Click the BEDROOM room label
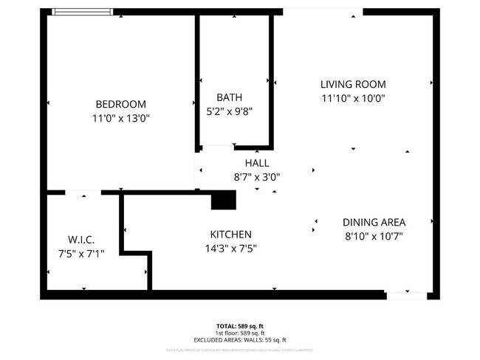120,104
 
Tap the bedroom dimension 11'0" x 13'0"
120,118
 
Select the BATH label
229,97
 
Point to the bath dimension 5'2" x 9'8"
229,112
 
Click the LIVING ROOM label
352,84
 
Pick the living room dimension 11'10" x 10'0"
352,98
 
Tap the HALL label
256,162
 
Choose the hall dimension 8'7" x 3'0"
256,177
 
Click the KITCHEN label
232,235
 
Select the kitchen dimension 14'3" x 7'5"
232,249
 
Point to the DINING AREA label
374,222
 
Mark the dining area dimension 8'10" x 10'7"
374,236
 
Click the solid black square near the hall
223,200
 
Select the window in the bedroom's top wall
82,12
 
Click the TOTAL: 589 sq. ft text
239,325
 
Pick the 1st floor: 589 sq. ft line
239,331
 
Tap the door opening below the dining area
406,295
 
